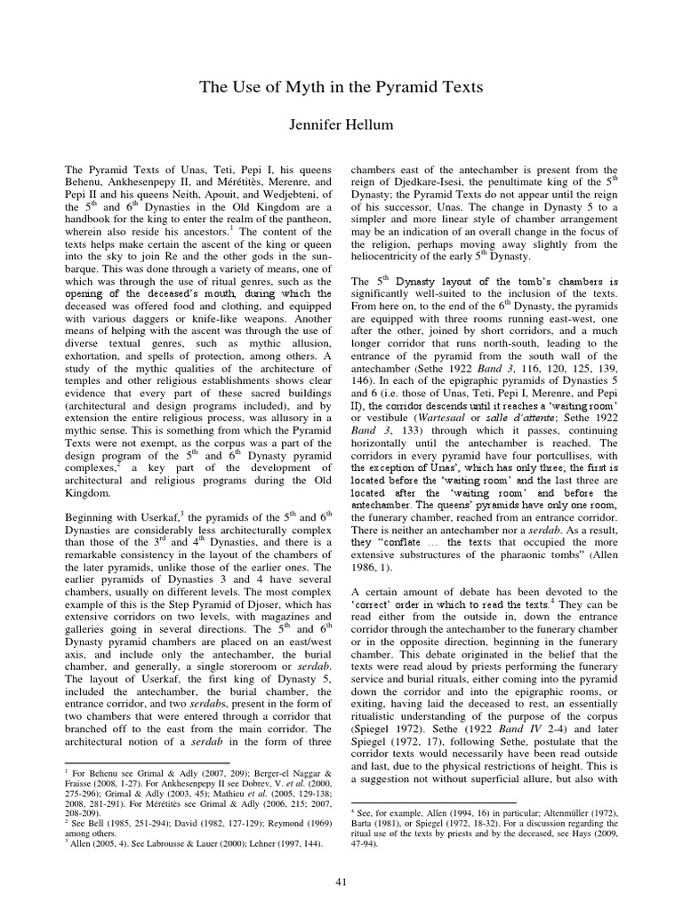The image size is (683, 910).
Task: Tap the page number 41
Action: click(341, 881)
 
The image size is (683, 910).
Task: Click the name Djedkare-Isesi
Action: click(422, 182)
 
